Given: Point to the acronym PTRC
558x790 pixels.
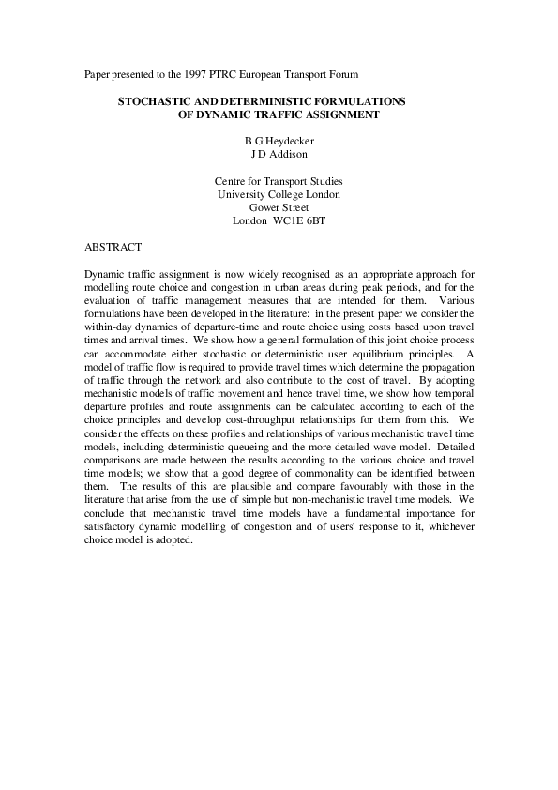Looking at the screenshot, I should pos(219,73).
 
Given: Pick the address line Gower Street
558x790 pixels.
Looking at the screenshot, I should pos(279,207).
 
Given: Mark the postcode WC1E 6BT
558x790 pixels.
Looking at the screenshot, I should pos(298,221).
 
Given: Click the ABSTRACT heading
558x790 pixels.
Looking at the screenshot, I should pos(113,247).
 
